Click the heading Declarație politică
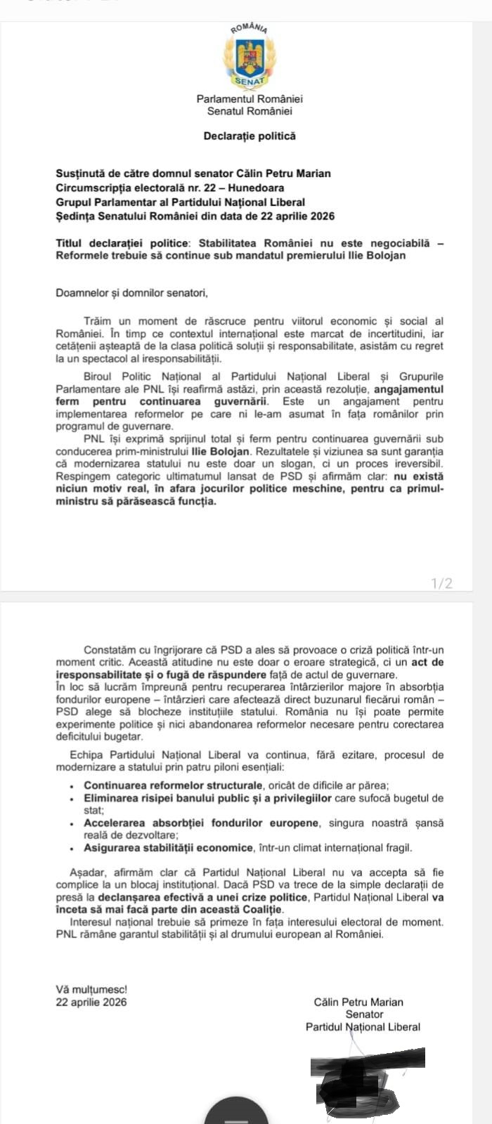[250, 136]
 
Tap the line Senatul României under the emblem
[250, 111]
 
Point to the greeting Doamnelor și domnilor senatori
[132, 293]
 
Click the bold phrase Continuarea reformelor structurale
[174, 785]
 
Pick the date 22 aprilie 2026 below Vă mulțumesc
[91, 1002]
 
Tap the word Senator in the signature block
[364, 1014]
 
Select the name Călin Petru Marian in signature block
[358, 1002]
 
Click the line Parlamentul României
[250, 100]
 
